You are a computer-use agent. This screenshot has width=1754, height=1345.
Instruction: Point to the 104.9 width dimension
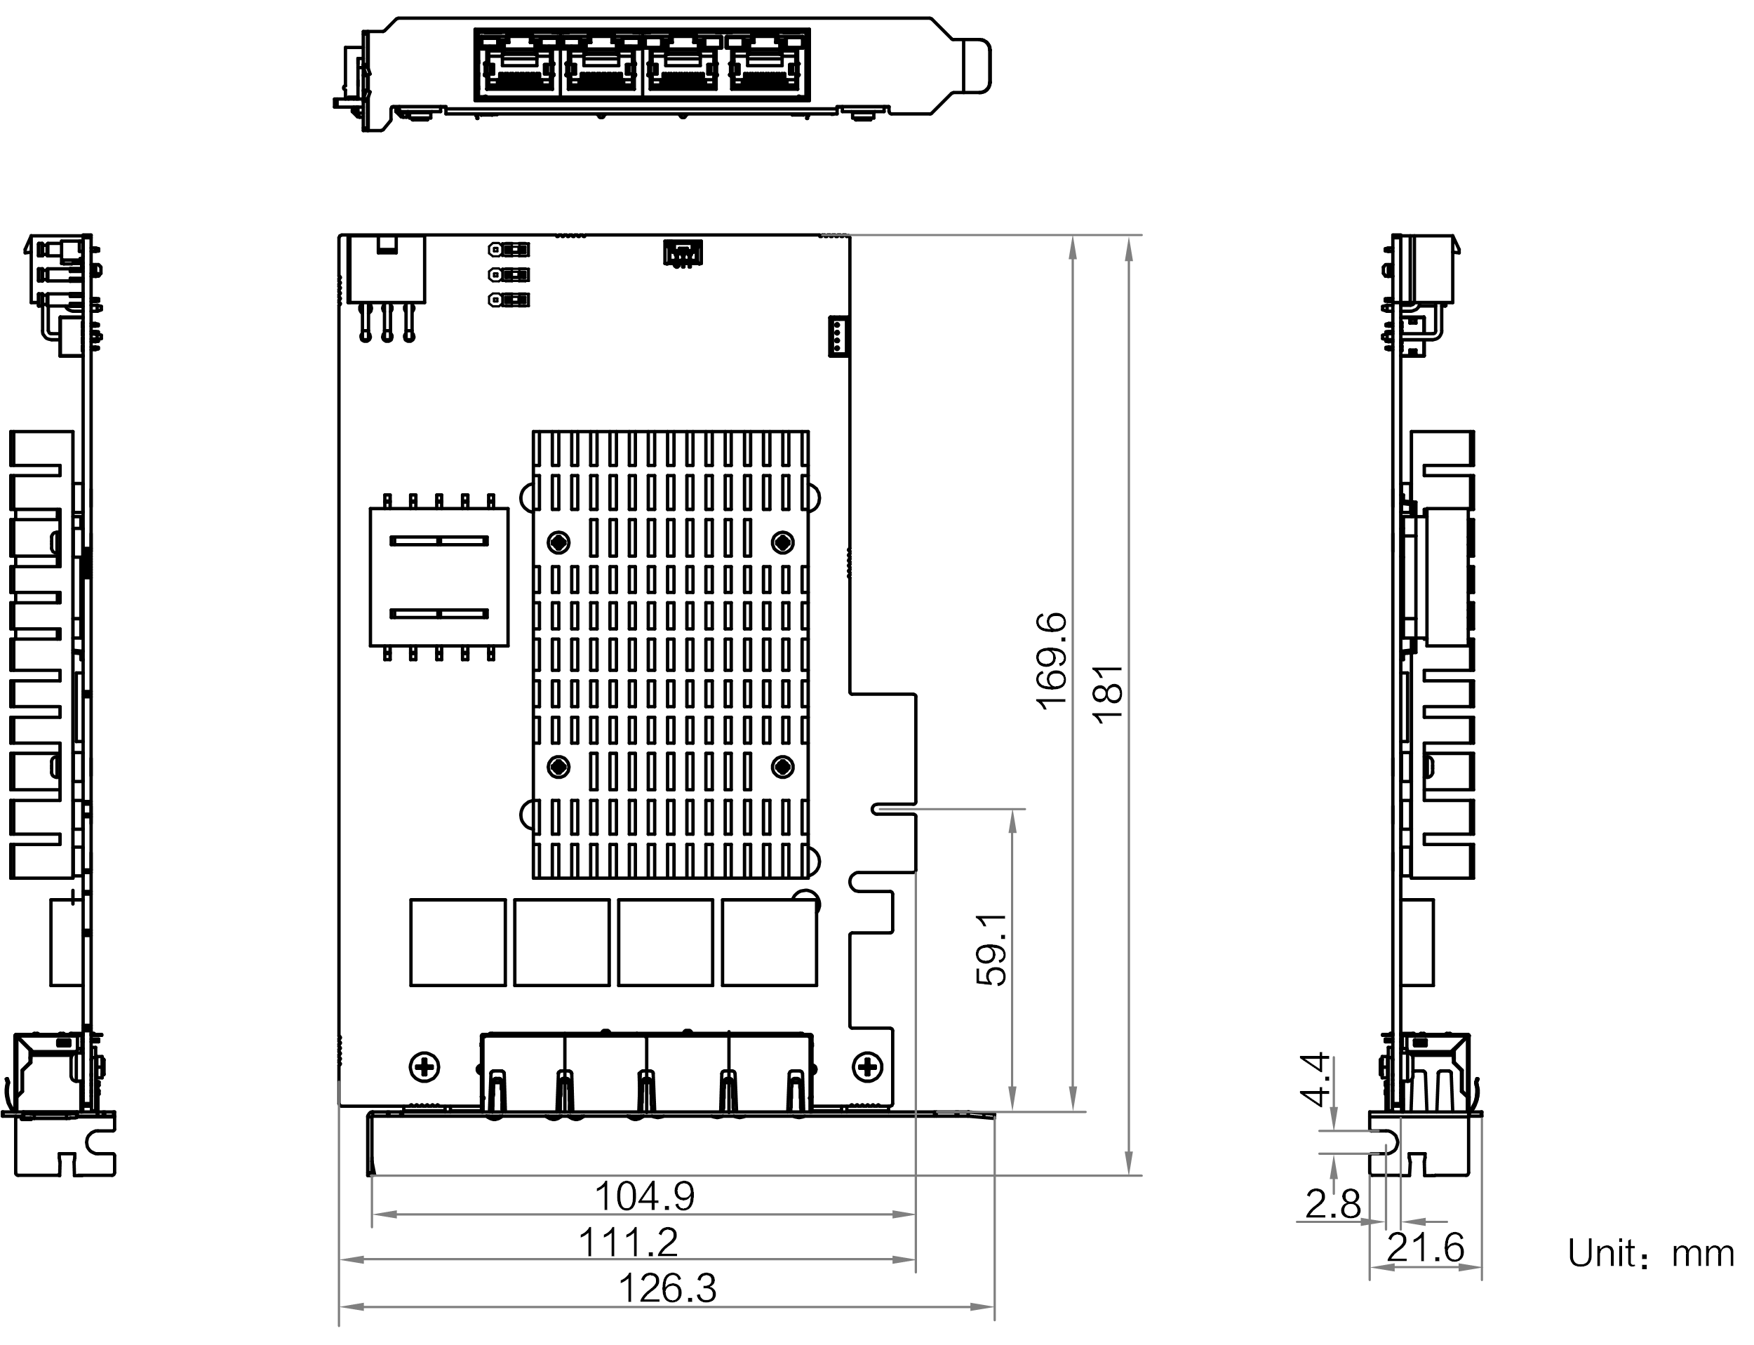pos(645,1197)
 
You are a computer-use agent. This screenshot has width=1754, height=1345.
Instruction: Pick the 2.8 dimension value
pos(1333,1204)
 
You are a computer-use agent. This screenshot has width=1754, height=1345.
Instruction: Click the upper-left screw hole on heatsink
pos(558,544)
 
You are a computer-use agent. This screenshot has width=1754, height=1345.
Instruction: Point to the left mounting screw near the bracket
pos(424,1066)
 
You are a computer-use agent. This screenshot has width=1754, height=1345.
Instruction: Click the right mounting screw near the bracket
pos(866,1065)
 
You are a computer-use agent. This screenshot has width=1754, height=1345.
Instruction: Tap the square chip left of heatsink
pos(438,577)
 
